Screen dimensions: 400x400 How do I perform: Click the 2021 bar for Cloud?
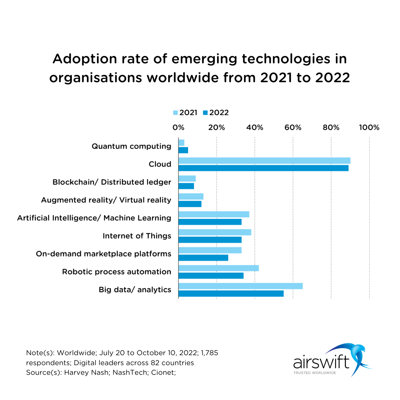coord(264,160)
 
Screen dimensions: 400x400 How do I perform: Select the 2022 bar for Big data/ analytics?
coord(231,293)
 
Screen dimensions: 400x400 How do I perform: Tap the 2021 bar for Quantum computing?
coord(181,143)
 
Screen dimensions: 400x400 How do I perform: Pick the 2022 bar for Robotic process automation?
coord(211,276)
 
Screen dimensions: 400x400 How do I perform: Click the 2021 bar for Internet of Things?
coord(215,232)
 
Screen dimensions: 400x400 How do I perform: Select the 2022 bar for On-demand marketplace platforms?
coord(203,257)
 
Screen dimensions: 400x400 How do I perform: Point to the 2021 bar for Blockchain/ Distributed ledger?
coord(187,179)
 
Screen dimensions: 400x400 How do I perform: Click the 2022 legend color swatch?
coord(205,113)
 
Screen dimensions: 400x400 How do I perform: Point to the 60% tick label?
coord(293,127)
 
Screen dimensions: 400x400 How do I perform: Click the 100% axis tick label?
coord(369,127)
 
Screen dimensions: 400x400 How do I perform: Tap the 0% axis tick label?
coord(178,127)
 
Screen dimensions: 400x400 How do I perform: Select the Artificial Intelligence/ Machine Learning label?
coord(94,218)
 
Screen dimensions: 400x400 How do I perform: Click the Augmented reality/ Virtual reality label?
coord(106,200)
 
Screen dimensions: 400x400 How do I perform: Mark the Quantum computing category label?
coord(131,146)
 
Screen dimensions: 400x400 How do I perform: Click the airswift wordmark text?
coord(321,362)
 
